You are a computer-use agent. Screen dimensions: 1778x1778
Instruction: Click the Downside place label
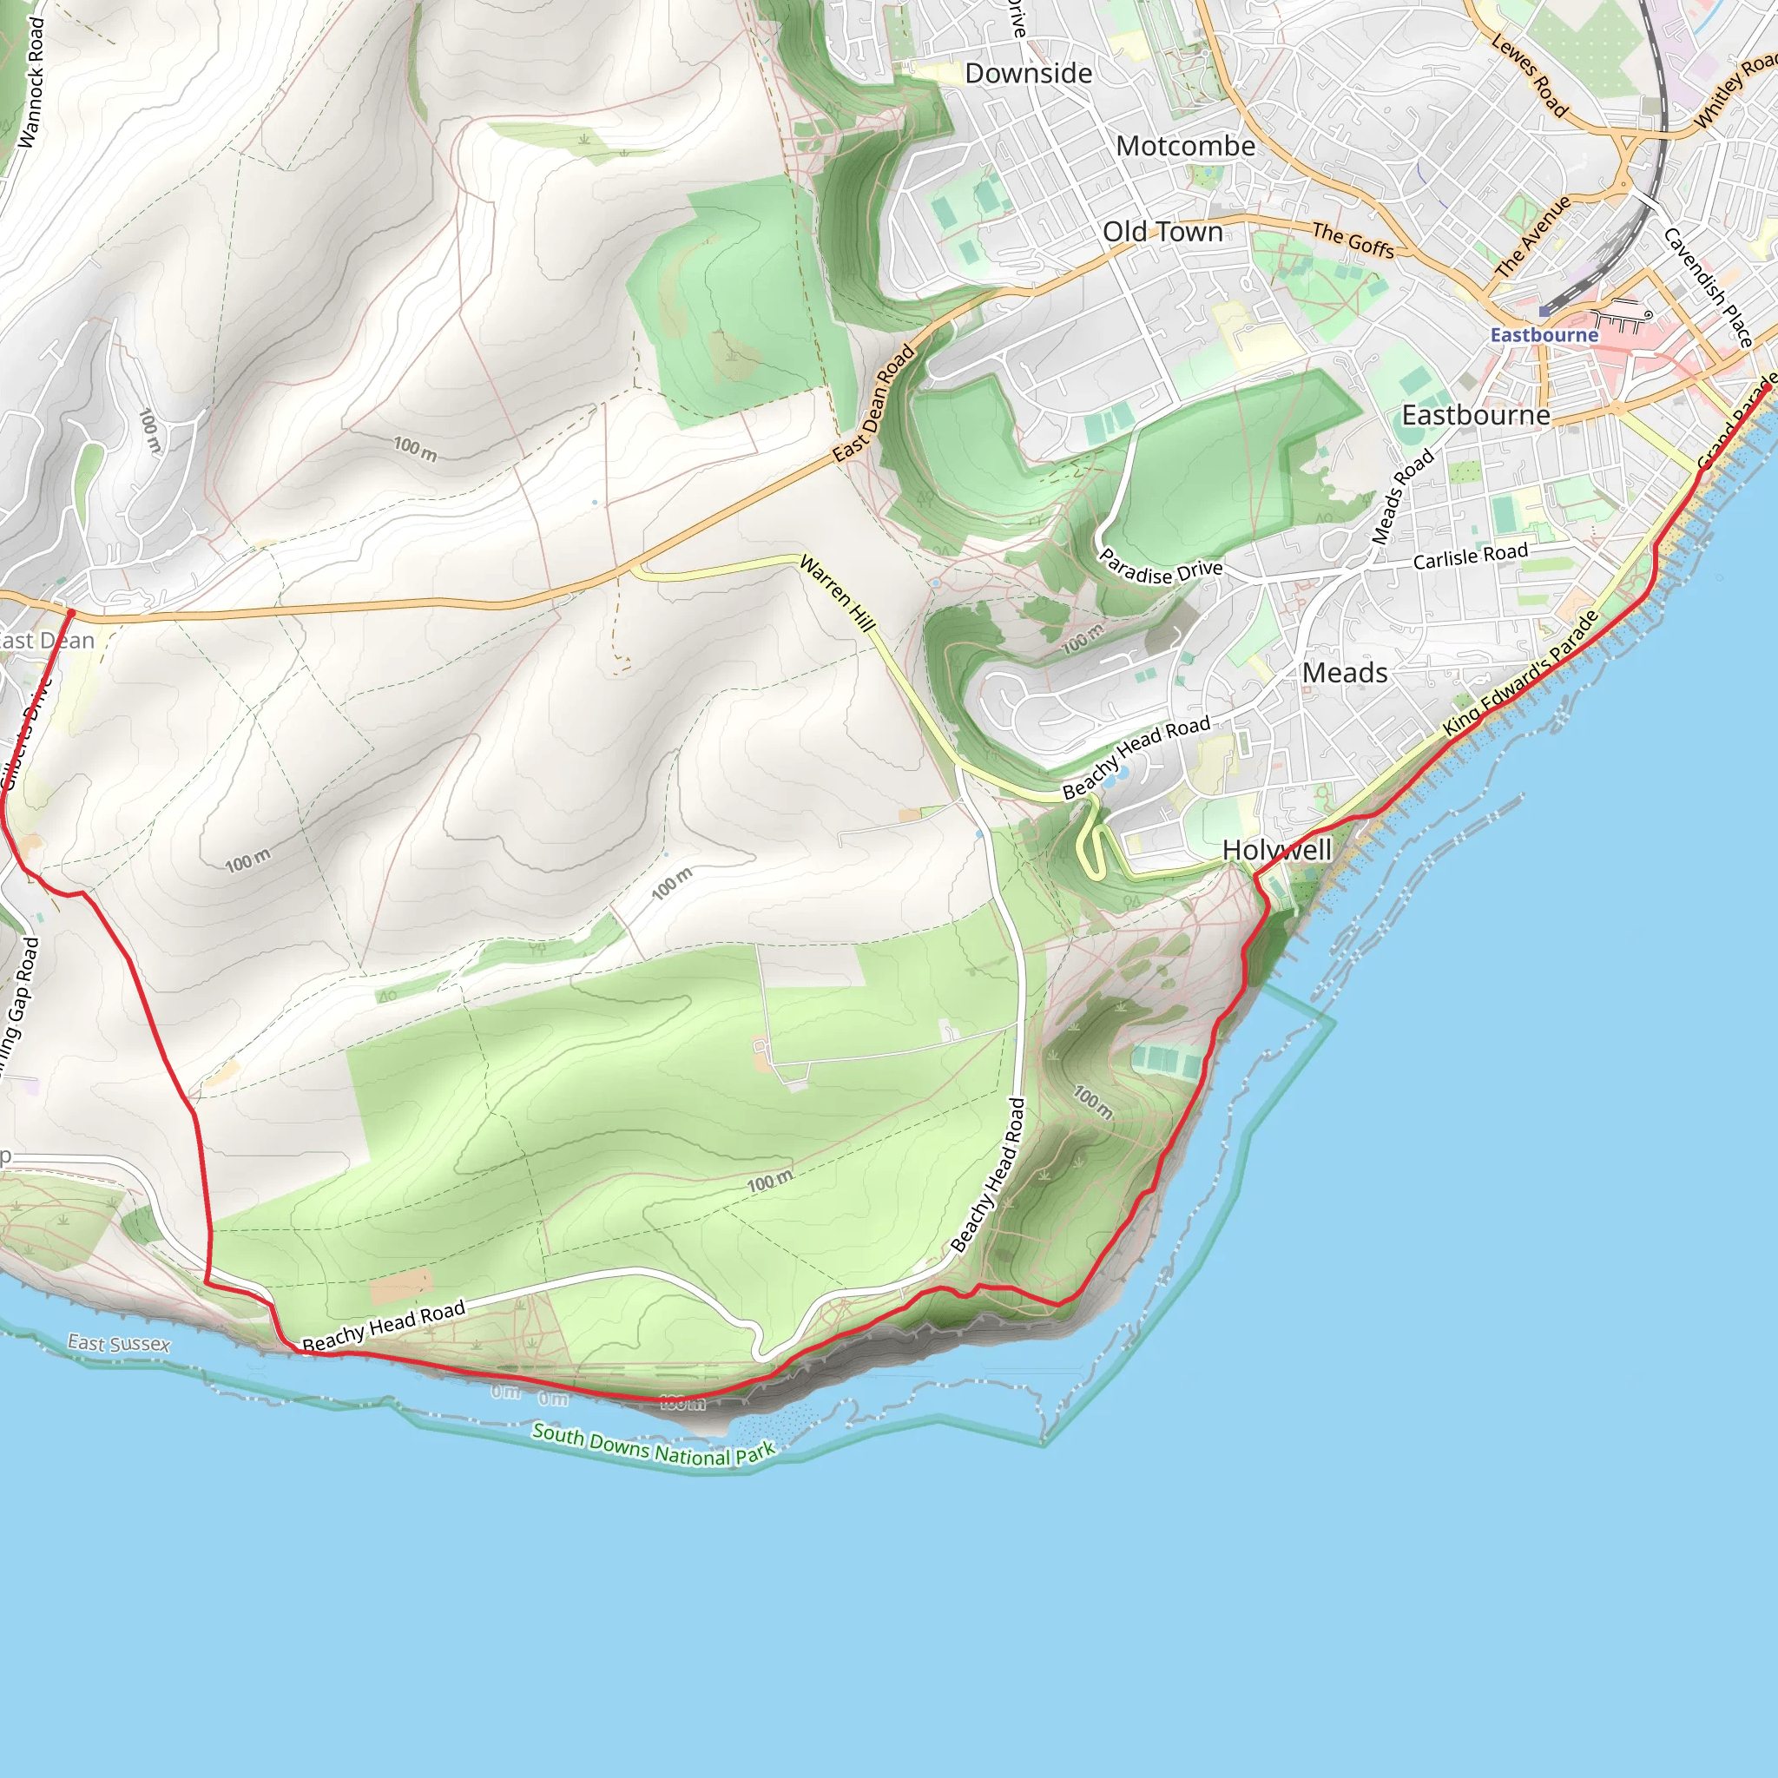coord(1028,74)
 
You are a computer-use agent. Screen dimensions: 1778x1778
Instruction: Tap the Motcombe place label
coord(1184,147)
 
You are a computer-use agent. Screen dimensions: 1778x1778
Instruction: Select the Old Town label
coord(1162,232)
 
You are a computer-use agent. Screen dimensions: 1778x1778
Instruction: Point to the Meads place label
coord(1344,673)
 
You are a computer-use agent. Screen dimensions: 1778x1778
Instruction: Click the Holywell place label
coord(1276,849)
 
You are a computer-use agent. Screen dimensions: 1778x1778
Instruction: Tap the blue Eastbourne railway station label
coord(1544,335)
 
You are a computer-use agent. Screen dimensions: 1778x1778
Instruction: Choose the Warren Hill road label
coord(837,593)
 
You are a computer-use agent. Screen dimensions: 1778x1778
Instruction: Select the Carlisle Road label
coord(1470,556)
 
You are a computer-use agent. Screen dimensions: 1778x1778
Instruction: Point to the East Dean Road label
coord(873,403)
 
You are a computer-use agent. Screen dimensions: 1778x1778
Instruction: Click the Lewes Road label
coord(1529,76)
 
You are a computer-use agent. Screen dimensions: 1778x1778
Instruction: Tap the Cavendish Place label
coord(1708,287)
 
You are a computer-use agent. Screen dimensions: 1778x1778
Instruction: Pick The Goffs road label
coord(1352,240)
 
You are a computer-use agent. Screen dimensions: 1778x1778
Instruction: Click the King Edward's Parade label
coord(1520,673)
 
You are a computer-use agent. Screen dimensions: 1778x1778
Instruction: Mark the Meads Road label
coord(1403,496)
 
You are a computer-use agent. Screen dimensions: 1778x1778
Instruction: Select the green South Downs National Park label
coord(654,1445)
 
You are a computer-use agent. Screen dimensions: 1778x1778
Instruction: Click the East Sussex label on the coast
coord(119,1344)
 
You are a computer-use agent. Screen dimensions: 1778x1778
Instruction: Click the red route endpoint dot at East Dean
coord(71,612)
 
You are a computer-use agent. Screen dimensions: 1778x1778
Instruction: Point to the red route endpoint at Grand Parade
coord(1767,388)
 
